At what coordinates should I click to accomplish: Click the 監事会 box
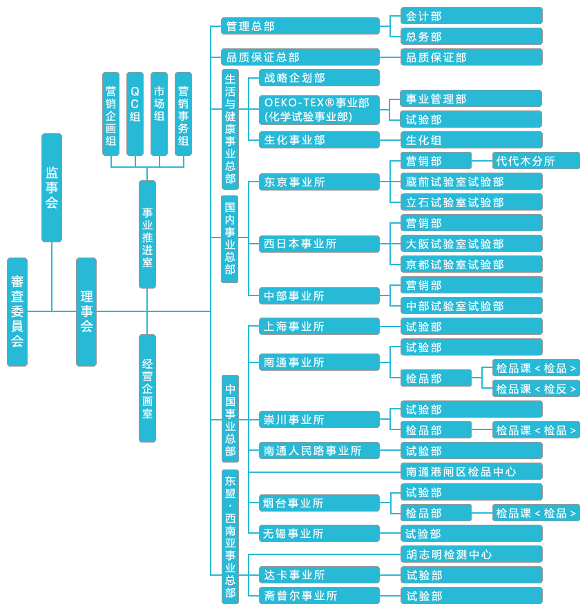[52, 187]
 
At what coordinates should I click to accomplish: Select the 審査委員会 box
[17, 311]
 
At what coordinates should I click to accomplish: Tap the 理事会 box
[86, 311]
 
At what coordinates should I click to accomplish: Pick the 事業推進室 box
[147, 234]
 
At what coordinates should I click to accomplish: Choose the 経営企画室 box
[147, 388]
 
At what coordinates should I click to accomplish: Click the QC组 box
[135, 114]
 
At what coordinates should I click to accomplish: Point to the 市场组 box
[159, 114]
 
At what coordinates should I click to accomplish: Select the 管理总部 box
[300, 26]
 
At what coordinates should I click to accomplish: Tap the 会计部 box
[472, 16]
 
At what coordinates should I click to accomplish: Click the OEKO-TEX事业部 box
[319, 110]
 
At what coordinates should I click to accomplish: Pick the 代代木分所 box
[536, 161]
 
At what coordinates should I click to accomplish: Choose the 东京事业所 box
[319, 182]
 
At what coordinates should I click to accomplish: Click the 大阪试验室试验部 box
[472, 244]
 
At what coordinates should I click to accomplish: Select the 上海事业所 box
[319, 327]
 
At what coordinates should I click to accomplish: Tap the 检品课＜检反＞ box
[536, 389]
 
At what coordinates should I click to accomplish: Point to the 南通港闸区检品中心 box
[472, 472]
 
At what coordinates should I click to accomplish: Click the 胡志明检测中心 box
[472, 554]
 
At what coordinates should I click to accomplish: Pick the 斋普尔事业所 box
[319, 595]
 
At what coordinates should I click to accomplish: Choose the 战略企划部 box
[319, 78]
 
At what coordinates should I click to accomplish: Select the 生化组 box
[472, 140]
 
